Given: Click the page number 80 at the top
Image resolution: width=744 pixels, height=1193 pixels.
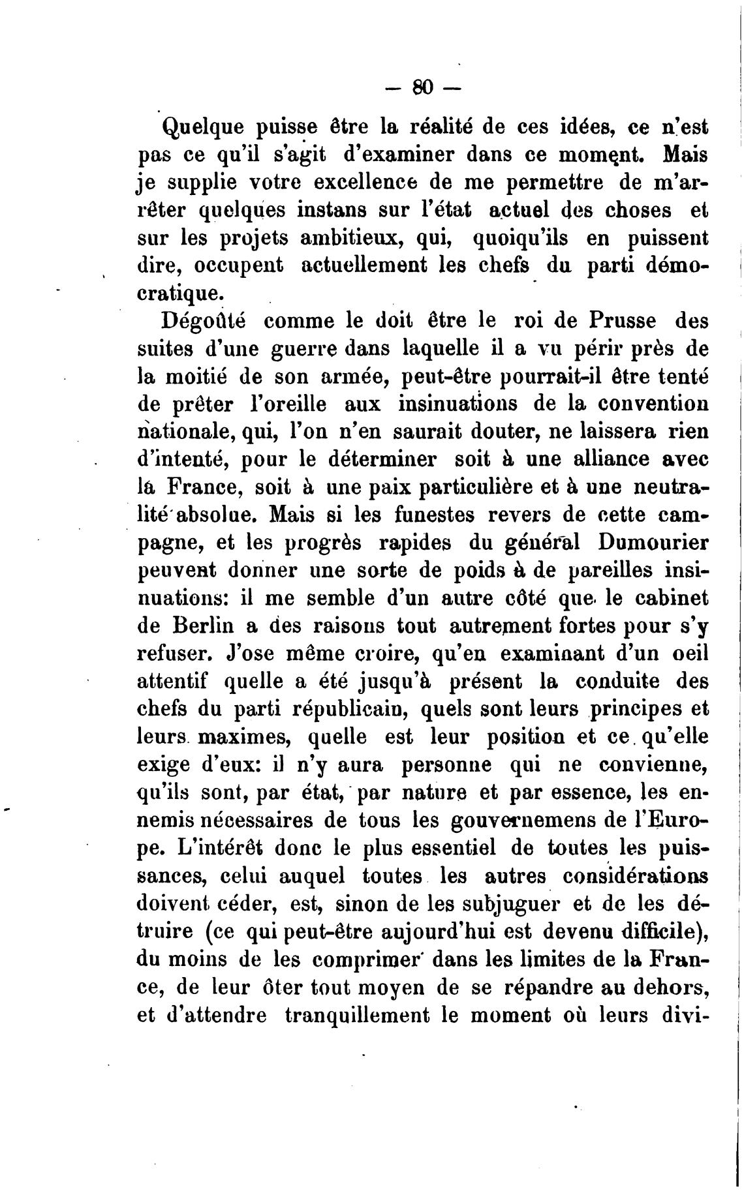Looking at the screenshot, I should (423, 87).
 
